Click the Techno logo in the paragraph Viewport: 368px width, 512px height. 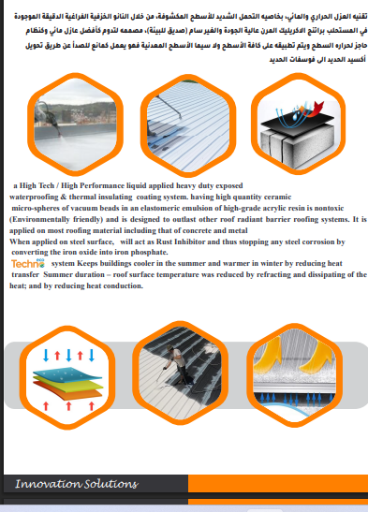(x=22, y=265)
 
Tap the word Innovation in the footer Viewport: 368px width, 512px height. (x=48, y=484)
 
